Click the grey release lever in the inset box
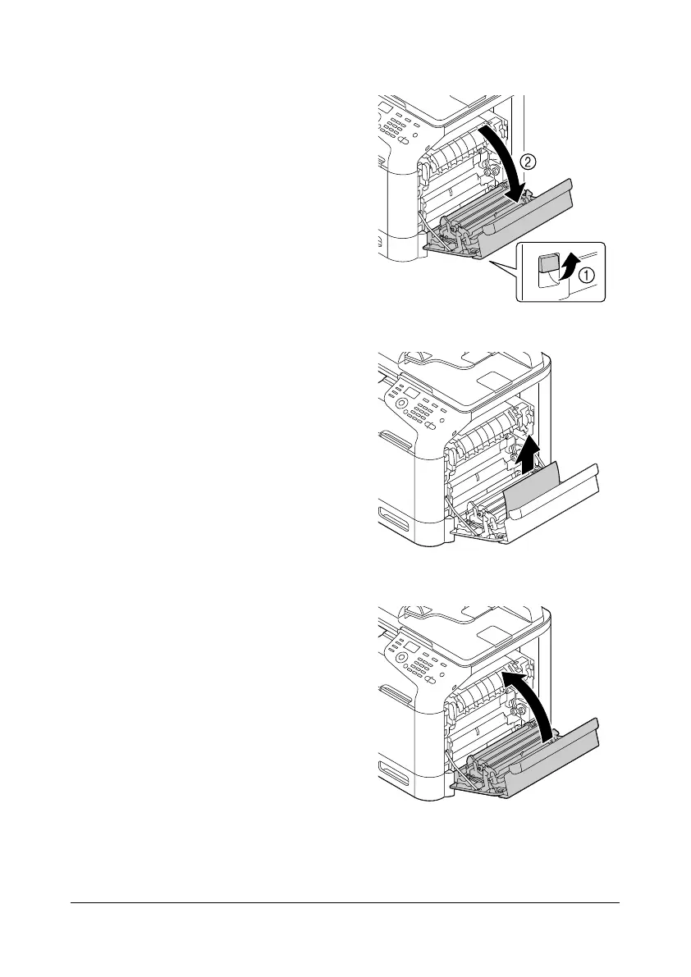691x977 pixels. (545, 266)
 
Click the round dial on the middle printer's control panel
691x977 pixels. (401, 404)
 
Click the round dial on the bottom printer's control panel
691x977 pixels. (401, 659)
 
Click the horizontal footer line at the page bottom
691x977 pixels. (345, 904)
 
